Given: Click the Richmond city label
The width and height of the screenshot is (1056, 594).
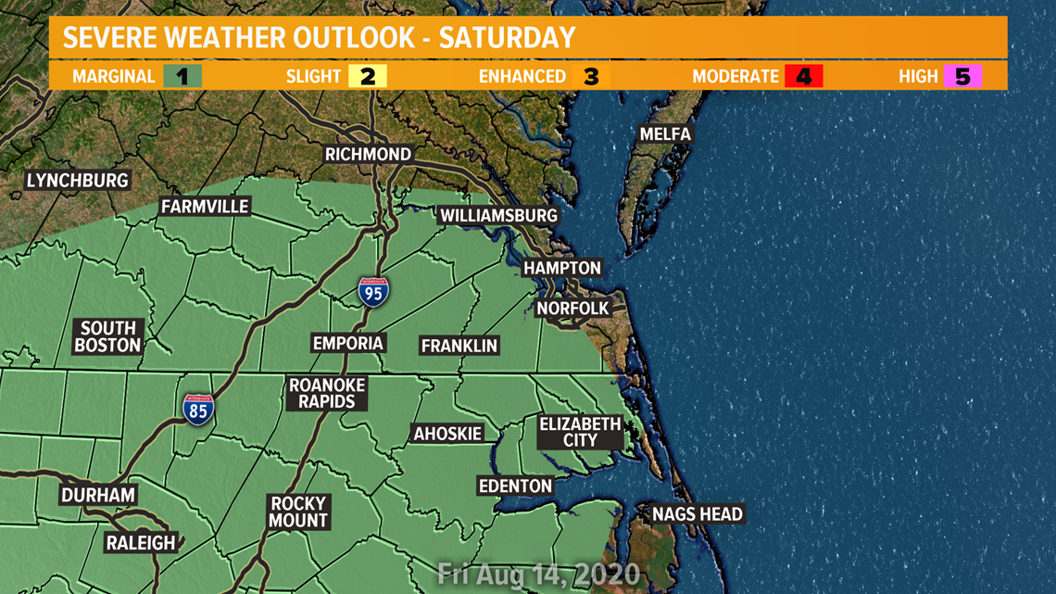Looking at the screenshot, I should tap(368, 154).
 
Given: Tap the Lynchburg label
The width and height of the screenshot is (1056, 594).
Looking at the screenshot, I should tap(77, 180).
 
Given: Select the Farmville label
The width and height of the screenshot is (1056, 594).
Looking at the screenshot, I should tap(205, 207).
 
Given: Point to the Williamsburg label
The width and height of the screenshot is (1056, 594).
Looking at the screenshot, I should tap(498, 216).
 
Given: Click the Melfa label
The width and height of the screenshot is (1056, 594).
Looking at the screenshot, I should tap(665, 134).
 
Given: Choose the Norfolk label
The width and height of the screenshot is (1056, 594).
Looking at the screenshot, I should tap(573, 308).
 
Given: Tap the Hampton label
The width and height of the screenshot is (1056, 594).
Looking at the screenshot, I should tap(562, 268).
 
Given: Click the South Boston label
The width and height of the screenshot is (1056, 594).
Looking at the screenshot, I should tap(108, 336).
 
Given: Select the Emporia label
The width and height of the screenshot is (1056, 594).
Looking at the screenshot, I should tap(347, 343).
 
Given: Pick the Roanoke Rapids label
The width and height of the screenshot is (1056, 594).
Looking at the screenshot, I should tap(327, 393).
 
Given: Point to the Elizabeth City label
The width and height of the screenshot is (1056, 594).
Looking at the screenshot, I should tap(580, 432).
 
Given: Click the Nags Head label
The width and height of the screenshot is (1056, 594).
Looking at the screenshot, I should tap(697, 513).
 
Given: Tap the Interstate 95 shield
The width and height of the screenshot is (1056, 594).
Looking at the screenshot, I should tap(373, 292).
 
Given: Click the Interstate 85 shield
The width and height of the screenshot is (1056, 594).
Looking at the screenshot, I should tap(197, 410).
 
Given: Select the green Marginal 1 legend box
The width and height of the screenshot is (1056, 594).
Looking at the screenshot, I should tap(182, 76).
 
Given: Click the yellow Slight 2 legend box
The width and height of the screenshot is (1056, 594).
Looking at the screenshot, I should tap(368, 76).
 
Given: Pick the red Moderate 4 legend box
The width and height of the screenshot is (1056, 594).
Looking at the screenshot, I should tap(803, 76).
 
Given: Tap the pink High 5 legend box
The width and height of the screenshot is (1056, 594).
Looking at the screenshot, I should tap(962, 76).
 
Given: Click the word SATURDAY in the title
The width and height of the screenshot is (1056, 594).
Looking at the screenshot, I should tap(507, 38).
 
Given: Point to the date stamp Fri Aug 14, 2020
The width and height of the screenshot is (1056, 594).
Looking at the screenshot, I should tap(538, 573).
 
